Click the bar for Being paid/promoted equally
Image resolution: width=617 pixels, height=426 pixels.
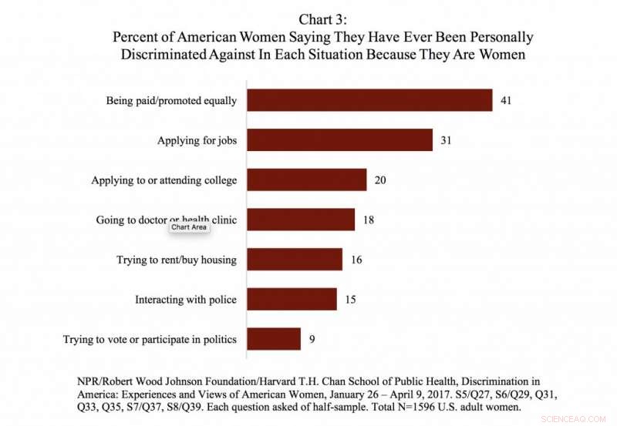[369, 101]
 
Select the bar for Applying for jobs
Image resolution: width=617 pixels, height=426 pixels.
[339, 141]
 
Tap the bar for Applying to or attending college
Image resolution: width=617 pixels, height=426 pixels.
[306, 180]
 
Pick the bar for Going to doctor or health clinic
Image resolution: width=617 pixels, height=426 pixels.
[301, 220]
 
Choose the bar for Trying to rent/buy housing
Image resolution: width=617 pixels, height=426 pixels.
[295, 260]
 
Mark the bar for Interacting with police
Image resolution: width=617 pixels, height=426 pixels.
[292, 299]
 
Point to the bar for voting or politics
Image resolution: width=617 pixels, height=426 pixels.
[274, 339]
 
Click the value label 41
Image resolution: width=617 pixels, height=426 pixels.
[507, 101]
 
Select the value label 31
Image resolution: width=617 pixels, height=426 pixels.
[447, 141]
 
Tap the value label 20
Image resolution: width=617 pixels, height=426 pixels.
[379, 180]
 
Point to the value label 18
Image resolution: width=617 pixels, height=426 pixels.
[369, 220]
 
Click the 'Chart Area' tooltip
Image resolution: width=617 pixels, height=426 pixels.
[189, 227]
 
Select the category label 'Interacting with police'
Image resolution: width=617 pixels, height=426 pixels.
[186, 299]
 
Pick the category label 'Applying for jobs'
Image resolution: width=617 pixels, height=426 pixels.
[197, 141]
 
